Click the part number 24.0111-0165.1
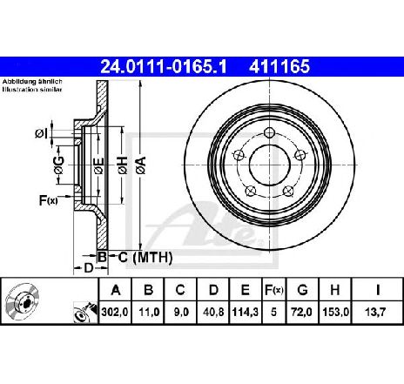[x=164, y=66]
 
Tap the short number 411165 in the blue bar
[x=279, y=66]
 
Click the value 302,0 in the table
[x=115, y=312]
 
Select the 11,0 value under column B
[x=149, y=312]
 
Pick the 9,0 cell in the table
[x=180, y=312]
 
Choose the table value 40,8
[x=213, y=312]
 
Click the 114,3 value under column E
[x=246, y=312]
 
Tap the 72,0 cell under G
[x=302, y=312]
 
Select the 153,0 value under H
[x=335, y=312]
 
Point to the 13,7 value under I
[x=376, y=312]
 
